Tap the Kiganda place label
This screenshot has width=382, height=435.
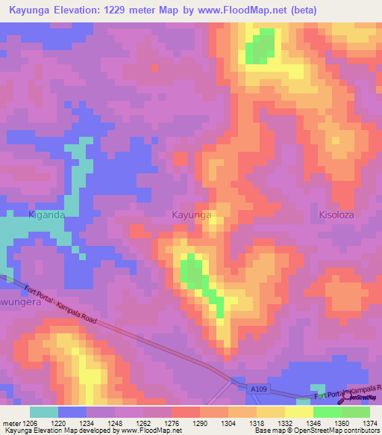(x=47, y=215)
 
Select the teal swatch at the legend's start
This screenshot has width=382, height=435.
(x=43, y=412)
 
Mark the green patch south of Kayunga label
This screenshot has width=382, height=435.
(x=194, y=273)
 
